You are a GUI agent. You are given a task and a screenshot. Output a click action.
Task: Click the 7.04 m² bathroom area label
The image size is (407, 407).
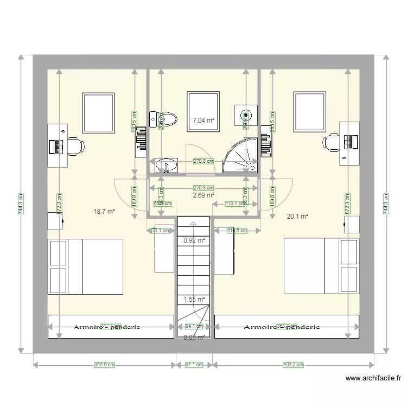(203, 120)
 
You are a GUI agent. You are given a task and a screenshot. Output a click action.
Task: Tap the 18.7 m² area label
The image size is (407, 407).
(104, 212)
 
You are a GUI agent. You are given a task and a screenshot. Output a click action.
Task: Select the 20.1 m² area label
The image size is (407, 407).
(297, 216)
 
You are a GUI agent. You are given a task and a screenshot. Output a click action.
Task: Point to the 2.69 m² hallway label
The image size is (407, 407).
(203, 195)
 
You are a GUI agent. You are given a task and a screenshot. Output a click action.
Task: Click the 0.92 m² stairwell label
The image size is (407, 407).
(194, 240)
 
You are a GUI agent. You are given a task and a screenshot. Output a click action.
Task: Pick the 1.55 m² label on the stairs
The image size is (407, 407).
(194, 299)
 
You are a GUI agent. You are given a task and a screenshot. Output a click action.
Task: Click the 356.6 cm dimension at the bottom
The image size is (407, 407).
(105, 365)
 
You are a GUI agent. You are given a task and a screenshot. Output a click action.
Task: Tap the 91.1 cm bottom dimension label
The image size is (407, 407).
(195, 365)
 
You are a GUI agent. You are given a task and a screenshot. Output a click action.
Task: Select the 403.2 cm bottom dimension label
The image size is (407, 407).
(292, 365)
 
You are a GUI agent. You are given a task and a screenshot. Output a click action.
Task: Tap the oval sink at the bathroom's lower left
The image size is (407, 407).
(166, 164)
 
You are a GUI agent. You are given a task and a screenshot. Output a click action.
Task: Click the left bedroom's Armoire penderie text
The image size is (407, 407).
(107, 327)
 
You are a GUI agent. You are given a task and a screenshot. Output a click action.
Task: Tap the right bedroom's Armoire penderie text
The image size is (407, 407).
(282, 327)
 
